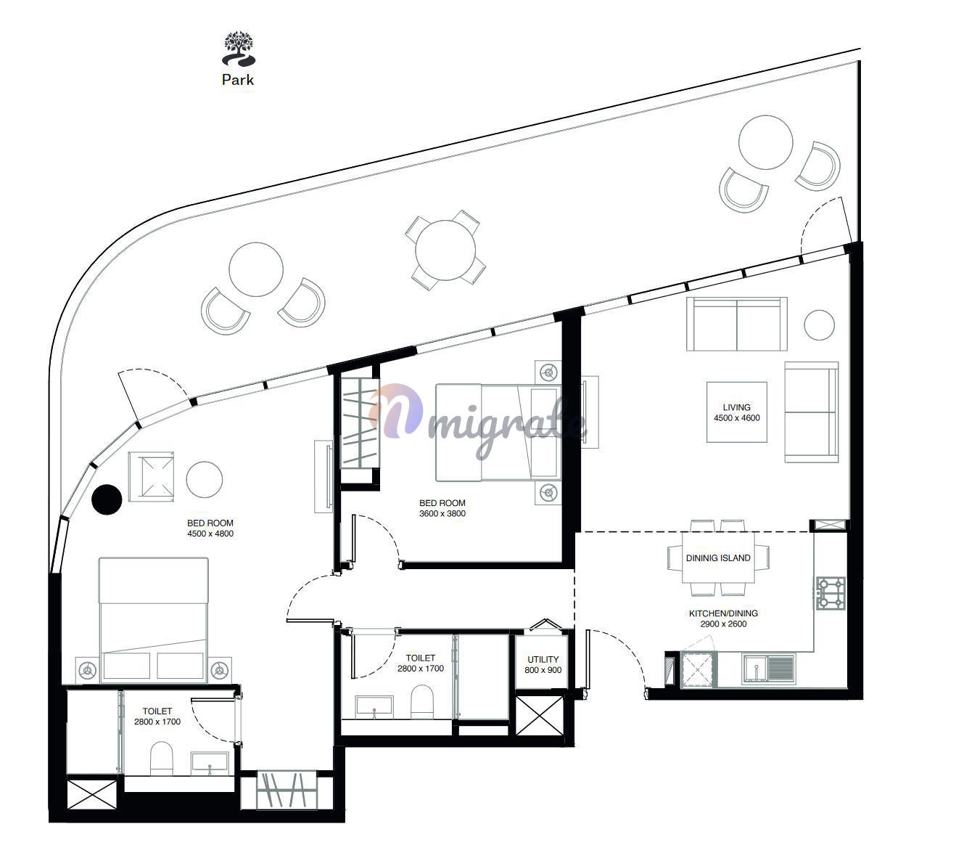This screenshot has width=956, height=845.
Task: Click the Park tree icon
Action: [239, 48]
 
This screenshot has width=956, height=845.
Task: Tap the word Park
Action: [238, 80]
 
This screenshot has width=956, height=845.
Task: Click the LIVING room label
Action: [736, 407]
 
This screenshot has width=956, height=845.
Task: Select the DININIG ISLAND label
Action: [717, 558]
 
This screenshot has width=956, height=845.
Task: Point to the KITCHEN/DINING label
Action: [723, 613]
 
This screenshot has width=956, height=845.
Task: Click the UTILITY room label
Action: [543, 659]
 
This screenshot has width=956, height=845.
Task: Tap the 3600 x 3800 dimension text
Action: [442, 513]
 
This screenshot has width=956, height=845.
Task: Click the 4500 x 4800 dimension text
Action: [210, 534]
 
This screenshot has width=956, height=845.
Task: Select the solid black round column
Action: [107, 499]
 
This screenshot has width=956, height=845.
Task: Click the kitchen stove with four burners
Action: [831, 593]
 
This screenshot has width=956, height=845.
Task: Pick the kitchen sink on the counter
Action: [769, 669]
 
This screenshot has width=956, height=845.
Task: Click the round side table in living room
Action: [819, 325]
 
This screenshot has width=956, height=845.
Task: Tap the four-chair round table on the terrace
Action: [445, 250]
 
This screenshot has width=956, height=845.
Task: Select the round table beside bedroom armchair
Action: [205, 479]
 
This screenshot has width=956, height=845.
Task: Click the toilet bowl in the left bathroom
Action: [161, 759]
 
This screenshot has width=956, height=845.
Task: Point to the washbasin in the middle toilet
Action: [374, 706]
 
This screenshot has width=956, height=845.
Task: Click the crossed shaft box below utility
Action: [540, 716]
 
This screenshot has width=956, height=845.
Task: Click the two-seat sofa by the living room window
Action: [736, 324]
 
